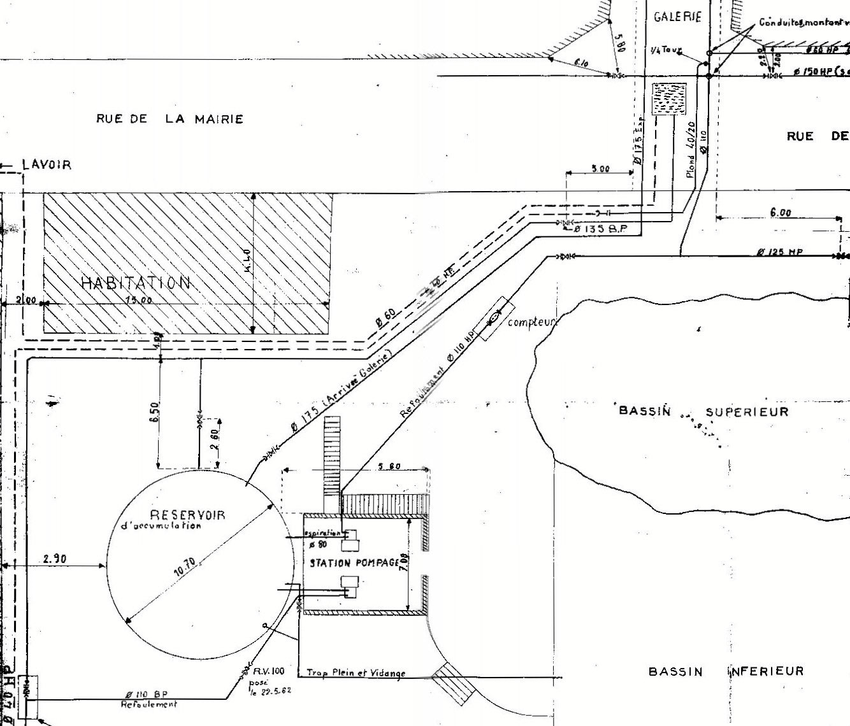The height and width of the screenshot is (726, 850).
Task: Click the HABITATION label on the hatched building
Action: tap(136, 282)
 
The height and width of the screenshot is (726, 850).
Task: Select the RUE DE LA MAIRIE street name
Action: tap(169, 118)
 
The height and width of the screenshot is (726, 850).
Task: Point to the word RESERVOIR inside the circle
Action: tap(188, 515)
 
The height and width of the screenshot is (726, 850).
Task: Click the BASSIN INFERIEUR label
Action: tap(726, 671)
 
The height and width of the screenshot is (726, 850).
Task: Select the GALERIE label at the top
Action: tap(677, 17)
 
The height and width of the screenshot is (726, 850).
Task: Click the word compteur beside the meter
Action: tap(532, 322)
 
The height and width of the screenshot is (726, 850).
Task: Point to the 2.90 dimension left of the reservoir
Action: tap(56, 559)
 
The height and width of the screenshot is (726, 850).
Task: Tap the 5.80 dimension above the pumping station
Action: tap(389, 467)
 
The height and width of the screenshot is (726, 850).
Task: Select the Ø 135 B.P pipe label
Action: tap(601, 229)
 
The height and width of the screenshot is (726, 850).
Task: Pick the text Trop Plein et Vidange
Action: tap(356, 673)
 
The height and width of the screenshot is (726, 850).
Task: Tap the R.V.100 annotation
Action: tap(268, 671)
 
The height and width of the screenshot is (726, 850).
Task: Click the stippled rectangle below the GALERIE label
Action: tap(668, 99)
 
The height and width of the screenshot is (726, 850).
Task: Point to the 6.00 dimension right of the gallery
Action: tap(781, 213)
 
